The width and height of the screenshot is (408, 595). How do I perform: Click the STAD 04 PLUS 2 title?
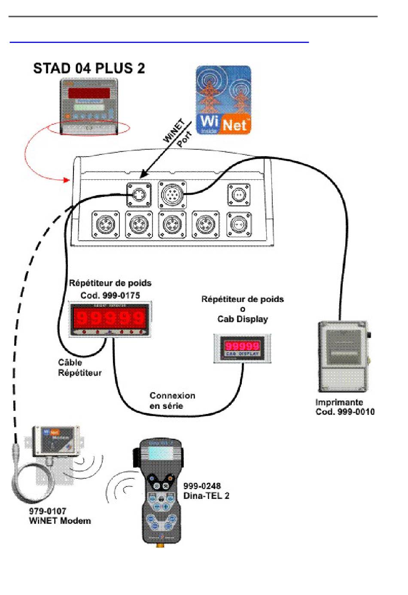pyautogui.click(x=89, y=69)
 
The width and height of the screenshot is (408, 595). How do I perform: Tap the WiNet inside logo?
pyautogui.click(x=223, y=100)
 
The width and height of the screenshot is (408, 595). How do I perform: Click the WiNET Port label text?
pyautogui.click(x=177, y=133)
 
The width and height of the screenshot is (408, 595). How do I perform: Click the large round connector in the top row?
pyautogui.click(x=172, y=194)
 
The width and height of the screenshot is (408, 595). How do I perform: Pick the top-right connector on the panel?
pyautogui.click(x=238, y=195)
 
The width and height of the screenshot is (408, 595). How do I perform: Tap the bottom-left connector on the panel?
pyautogui.click(x=105, y=224)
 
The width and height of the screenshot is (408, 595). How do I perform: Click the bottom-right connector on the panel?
pyautogui.click(x=239, y=224)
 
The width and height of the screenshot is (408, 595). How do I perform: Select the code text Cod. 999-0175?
pyautogui.click(x=110, y=296)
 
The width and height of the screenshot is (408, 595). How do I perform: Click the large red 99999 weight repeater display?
pyautogui.click(x=110, y=318)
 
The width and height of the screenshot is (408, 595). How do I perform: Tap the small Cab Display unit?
pyautogui.click(x=243, y=348)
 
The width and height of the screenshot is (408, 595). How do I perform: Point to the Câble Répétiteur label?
pyautogui.click(x=80, y=368)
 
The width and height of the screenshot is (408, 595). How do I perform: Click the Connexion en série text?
pyautogui.click(x=172, y=401)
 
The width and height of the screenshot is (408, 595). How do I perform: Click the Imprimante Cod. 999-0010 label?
pyautogui.click(x=345, y=407)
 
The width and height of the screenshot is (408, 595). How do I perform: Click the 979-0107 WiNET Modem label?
pyautogui.click(x=60, y=516)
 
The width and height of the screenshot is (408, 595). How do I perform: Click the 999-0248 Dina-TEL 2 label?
pyautogui.click(x=206, y=491)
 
